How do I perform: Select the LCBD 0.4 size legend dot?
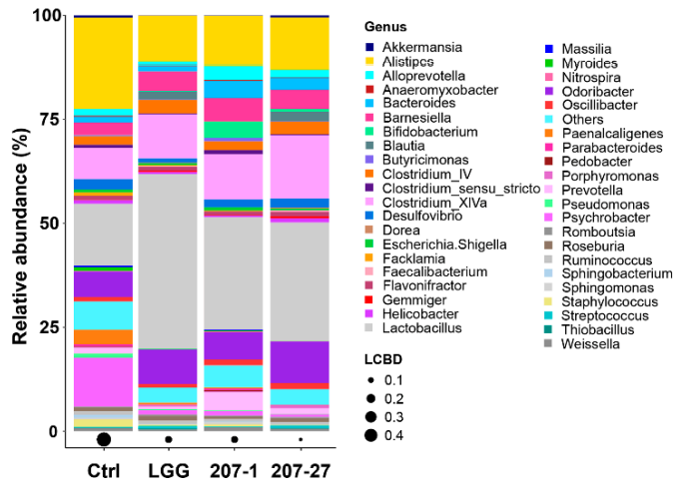(370, 434)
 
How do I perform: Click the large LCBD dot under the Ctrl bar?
(103, 439)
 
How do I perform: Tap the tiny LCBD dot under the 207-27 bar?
(300, 439)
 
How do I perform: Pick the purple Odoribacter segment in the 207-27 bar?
(300, 359)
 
